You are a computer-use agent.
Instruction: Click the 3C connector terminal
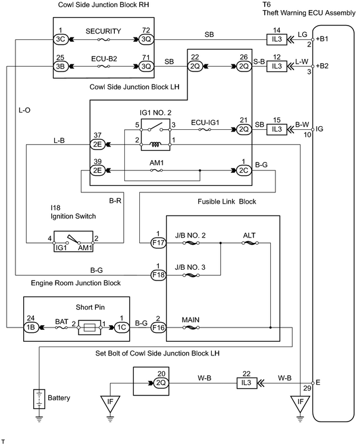[x=61, y=39]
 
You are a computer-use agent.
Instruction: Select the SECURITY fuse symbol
[x=104, y=39]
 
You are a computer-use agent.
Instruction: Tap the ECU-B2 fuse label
[x=104, y=59]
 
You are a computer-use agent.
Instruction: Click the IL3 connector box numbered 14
[x=277, y=39]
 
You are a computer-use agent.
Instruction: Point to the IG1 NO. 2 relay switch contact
[x=155, y=127]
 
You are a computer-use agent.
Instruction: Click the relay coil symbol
[x=155, y=145]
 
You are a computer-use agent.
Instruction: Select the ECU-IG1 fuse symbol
[x=205, y=130]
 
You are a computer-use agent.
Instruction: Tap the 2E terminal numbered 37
[x=97, y=145]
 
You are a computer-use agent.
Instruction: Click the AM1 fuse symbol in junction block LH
[x=156, y=170]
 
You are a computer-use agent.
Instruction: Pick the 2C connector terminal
[x=244, y=170]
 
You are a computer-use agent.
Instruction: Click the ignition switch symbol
[x=74, y=241]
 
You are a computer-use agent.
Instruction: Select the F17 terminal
[x=158, y=243]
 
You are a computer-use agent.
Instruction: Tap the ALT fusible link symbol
[x=250, y=243]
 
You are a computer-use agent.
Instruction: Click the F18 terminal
[x=158, y=275]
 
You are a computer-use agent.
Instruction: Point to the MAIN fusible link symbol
[x=190, y=328]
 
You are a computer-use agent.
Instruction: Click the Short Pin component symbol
[x=89, y=328]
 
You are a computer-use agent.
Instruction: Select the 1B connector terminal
[x=31, y=328]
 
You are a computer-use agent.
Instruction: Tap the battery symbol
[x=39, y=399]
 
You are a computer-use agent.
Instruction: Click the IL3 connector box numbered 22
[x=246, y=383]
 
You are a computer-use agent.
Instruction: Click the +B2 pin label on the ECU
[x=322, y=66]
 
